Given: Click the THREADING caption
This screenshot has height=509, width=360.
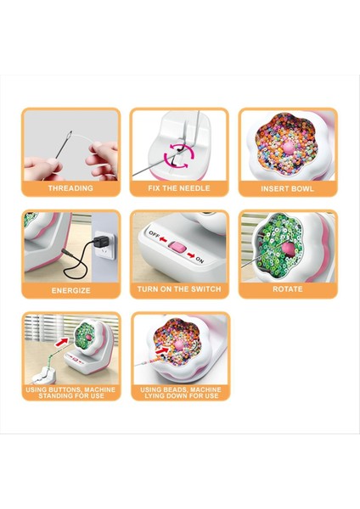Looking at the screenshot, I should pyautogui.click(x=70, y=188).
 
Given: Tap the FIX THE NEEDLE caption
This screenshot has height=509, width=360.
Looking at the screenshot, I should pyautogui.click(x=179, y=188).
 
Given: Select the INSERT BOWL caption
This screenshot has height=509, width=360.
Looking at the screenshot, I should pyautogui.click(x=288, y=188).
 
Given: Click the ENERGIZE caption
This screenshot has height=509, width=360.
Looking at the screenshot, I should pyautogui.click(x=70, y=289).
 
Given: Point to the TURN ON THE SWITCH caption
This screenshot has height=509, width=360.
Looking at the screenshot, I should pyautogui.click(x=179, y=289).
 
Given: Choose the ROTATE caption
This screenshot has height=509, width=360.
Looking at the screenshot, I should pyautogui.click(x=288, y=289).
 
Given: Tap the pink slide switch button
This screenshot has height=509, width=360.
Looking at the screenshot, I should pyautogui.click(x=177, y=248).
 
